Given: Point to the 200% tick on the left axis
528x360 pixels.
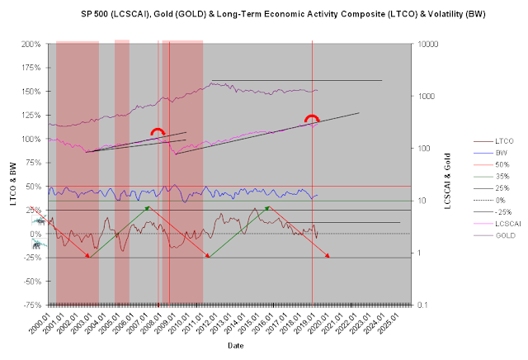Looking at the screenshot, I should [32, 44].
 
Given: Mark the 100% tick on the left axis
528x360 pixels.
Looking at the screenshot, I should [32, 139].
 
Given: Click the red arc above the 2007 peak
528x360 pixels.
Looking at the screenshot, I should [158, 131].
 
